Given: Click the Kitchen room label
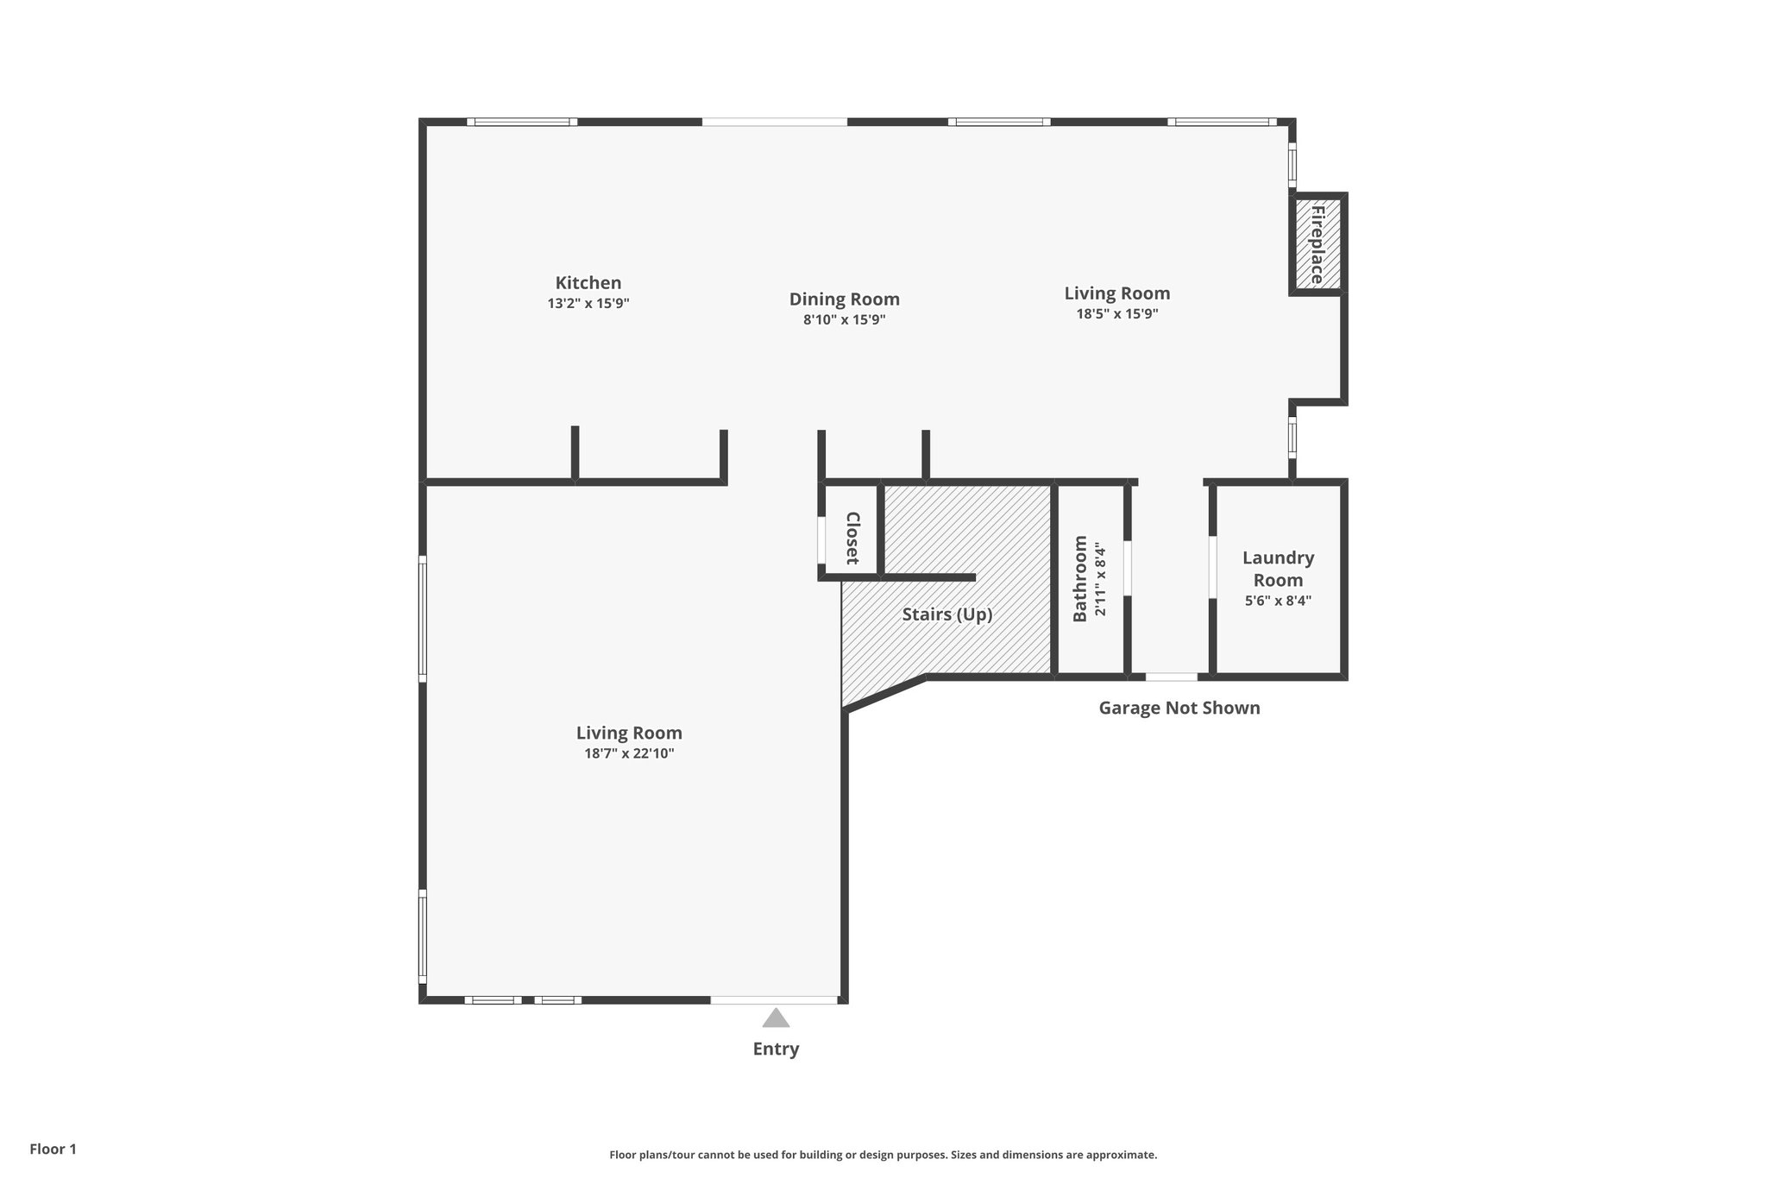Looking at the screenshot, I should [588, 283].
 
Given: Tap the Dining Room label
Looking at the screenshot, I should [844, 299].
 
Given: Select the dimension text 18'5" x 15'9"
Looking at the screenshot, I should [1116, 314].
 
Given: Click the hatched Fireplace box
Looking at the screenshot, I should [1317, 244].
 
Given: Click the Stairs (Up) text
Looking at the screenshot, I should [946, 614].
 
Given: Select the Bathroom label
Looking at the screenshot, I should [1080, 578].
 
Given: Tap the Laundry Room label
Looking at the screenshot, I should [1278, 569].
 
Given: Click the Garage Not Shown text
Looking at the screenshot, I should [1179, 709].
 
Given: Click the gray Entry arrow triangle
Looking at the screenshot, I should [776, 1018].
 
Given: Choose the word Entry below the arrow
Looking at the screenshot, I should [776, 1049].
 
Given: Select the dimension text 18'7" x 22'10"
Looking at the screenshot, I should [629, 753].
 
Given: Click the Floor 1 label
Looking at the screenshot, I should [53, 1150].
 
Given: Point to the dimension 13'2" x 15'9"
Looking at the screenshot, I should [588, 304].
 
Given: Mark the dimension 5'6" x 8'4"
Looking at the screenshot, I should [1278, 601].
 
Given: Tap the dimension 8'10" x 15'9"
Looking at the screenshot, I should [844, 320].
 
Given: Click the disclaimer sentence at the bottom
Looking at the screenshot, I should [883, 1155].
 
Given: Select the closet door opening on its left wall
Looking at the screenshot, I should [821, 540].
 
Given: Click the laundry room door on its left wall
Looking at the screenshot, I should [1212, 568].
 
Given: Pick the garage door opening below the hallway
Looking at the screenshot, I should [1171, 677].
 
